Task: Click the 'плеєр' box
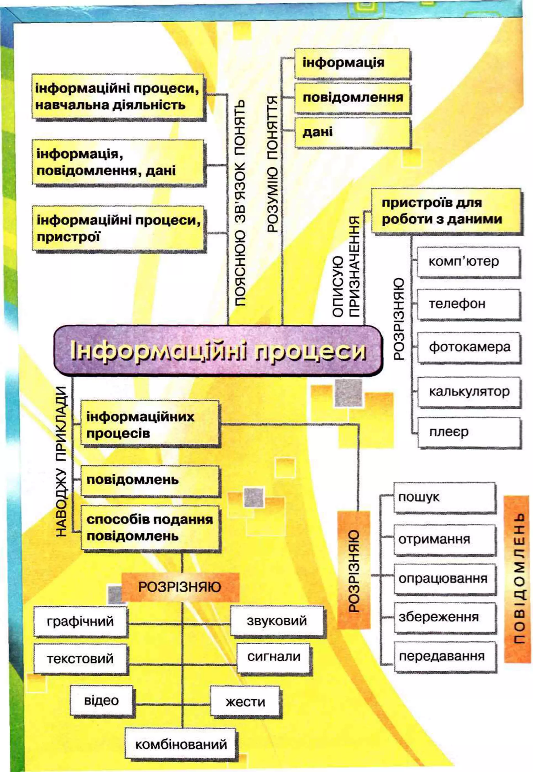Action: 469,432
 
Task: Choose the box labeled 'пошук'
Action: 444,497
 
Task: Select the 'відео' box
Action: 101,700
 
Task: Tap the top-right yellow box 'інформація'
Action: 352,63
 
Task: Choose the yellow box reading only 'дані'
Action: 352,132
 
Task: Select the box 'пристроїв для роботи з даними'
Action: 446,211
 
